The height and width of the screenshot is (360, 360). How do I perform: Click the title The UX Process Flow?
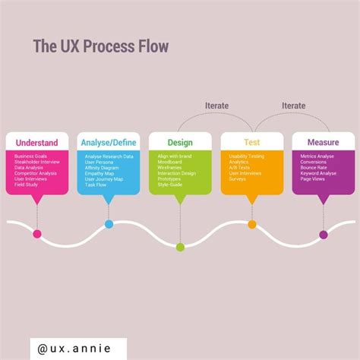(100, 46)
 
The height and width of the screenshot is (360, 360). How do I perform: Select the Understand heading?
(36, 142)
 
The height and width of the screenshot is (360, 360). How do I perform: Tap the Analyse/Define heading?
(109, 142)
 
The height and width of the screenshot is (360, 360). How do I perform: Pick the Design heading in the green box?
(180, 142)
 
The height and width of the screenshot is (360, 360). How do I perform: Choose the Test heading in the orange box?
(251, 142)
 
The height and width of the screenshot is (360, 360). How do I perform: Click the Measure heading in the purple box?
(323, 142)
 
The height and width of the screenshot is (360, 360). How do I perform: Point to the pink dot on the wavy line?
(37, 233)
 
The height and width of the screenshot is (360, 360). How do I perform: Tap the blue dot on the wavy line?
(109, 224)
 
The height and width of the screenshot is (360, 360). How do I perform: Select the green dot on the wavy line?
(180, 246)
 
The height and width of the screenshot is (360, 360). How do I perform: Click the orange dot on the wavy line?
(251, 224)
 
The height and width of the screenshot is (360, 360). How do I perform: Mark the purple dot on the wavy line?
(324, 235)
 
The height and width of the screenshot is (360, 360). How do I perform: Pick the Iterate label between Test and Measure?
(292, 106)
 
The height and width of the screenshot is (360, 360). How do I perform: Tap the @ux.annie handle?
(74, 349)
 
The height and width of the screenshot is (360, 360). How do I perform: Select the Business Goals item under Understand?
(30, 156)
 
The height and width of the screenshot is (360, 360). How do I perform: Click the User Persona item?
(99, 162)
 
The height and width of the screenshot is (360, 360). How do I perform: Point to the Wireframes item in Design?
(170, 168)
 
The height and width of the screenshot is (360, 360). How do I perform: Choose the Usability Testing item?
(246, 156)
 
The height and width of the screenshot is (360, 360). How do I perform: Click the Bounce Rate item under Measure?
(314, 168)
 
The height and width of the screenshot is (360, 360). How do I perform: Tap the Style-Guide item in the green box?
(171, 185)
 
